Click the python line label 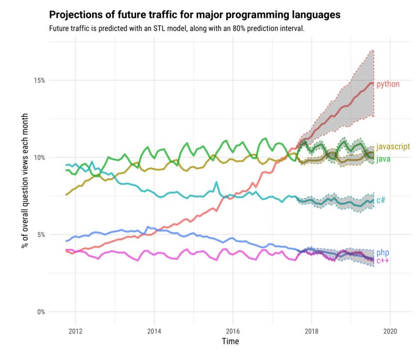[388, 84]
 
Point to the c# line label [381, 200]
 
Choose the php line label [382, 253]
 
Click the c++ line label [382, 260]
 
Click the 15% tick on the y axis [40, 80]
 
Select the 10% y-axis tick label [40, 158]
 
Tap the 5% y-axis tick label [41, 235]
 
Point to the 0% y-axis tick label [41, 312]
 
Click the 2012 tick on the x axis [75, 331]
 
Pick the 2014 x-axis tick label [154, 331]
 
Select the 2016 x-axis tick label [233, 331]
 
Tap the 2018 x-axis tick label [312, 331]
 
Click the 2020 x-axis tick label [390, 331]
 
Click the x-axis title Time [230, 342]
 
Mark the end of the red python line [373, 83]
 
